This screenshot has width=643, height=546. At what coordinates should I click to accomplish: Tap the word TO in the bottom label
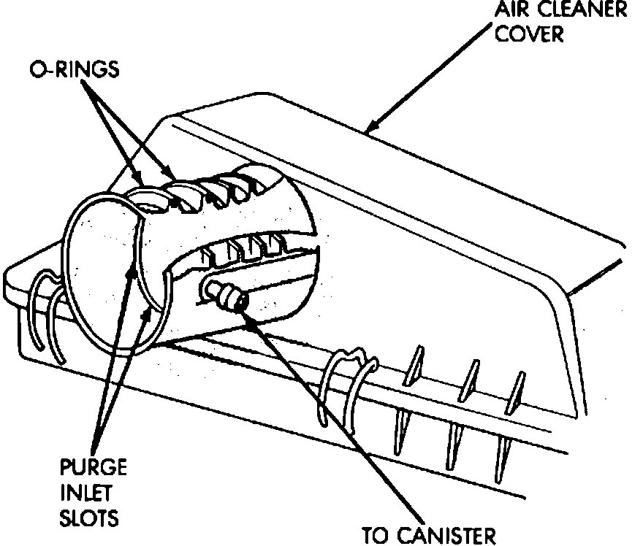click(x=378, y=536)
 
